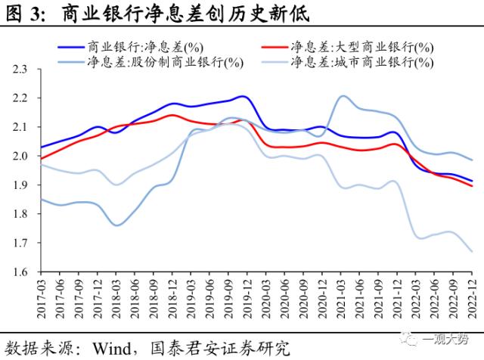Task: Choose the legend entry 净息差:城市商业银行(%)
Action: tap(362, 61)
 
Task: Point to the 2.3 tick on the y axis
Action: tap(21, 70)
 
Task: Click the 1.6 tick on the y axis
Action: tap(21, 272)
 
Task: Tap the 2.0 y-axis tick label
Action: tap(21, 157)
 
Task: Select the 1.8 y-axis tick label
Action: tap(21, 214)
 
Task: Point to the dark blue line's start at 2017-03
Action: tap(40, 147)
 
